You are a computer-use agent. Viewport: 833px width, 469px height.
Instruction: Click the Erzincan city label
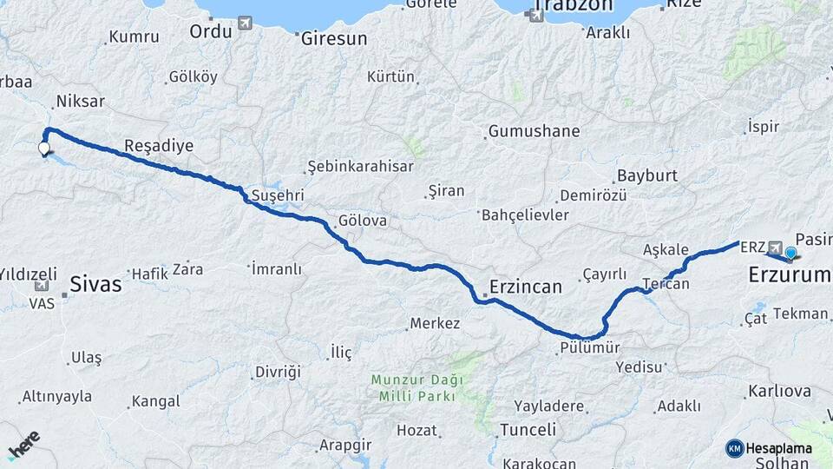click(526, 286)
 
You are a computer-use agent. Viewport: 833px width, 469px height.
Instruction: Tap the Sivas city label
click(95, 283)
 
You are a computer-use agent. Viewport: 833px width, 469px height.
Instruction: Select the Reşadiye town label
click(159, 145)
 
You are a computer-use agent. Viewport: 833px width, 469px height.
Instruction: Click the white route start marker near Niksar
click(44, 149)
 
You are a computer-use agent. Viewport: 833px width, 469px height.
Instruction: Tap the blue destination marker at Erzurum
click(790, 253)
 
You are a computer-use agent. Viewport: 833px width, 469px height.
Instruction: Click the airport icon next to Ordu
click(245, 23)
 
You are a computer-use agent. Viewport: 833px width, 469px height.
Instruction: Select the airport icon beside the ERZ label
click(775, 247)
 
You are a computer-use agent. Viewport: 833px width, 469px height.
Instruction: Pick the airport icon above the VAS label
click(41, 286)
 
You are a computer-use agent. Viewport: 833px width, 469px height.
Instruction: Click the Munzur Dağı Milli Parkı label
click(416, 387)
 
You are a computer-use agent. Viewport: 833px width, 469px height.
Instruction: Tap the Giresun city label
click(332, 38)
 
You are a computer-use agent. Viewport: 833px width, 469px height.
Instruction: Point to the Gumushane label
click(534, 132)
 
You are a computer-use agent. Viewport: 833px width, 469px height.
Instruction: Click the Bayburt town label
click(646, 175)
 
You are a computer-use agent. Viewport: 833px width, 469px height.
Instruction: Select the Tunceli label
click(528, 430)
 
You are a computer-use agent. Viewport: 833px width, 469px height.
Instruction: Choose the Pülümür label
click(589, 348)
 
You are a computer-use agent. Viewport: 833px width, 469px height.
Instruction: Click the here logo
click(23, 445)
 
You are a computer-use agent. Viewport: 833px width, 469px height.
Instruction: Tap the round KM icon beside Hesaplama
click(735, 448)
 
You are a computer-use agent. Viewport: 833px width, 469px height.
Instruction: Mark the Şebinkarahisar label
click(360, 168)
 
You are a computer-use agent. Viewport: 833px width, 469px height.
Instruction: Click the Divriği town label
click(277, 372)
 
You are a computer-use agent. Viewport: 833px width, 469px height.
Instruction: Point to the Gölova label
click(363, 221)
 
